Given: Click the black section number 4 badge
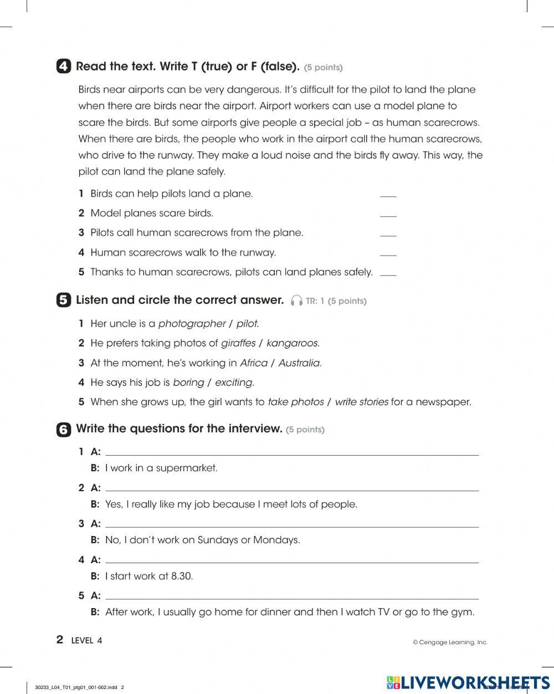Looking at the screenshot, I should [64, 67].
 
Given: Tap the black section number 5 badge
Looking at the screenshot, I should [64, 300].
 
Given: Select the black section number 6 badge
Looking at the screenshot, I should [64, 430].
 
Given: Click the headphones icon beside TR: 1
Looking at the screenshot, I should [296, 301].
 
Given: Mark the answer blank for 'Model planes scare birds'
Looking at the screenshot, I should [388, 214].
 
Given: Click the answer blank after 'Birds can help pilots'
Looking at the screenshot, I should [388, 195].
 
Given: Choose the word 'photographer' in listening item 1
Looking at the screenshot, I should [192, 324].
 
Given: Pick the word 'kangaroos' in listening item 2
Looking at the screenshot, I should [292, 343].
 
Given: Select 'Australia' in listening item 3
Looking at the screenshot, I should [299, 363].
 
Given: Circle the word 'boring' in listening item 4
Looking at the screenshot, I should [188, 382].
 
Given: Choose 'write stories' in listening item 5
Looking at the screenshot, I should [361, 402].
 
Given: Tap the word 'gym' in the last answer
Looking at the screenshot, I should [465, 612].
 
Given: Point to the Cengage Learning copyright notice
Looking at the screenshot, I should [450, 642].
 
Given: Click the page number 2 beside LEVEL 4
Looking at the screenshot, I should [60, 640].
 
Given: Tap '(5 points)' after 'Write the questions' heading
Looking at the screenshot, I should [305, 430].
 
